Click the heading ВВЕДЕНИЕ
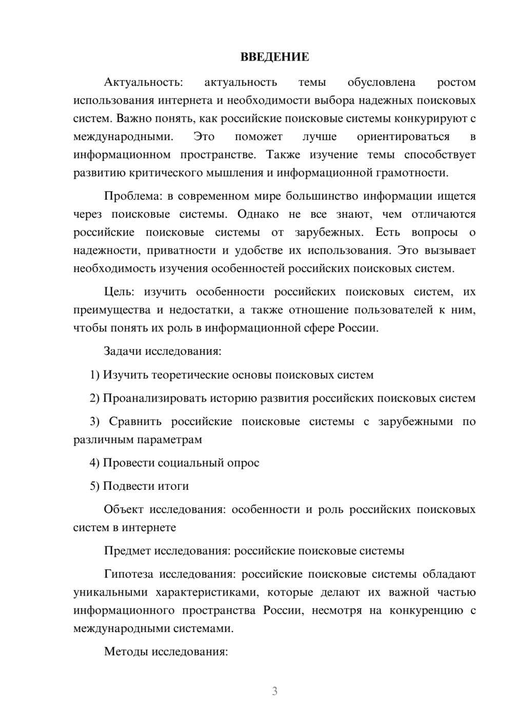[x=274, y=57]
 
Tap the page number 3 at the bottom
[x=274, y=691]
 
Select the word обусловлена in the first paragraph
[x=381, y=82]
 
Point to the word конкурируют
[x=430, y=119]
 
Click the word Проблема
[x=128, y=196]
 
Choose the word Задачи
[x=123, y=352]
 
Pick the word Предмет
[x=126, y=551]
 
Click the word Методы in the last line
[x=123, y=652]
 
